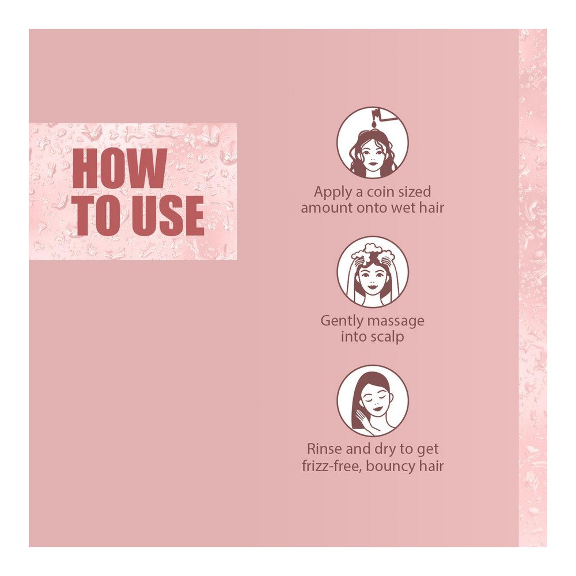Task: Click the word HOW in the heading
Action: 119,168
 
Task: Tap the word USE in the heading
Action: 168,215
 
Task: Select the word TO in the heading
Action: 99,215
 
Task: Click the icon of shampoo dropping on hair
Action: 373,143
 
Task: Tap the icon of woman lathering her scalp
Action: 373,272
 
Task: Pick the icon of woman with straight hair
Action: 373,400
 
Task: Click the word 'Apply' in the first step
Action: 331,192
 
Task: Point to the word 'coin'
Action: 380,192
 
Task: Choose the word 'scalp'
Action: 388,337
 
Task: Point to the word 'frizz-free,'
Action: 332,466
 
